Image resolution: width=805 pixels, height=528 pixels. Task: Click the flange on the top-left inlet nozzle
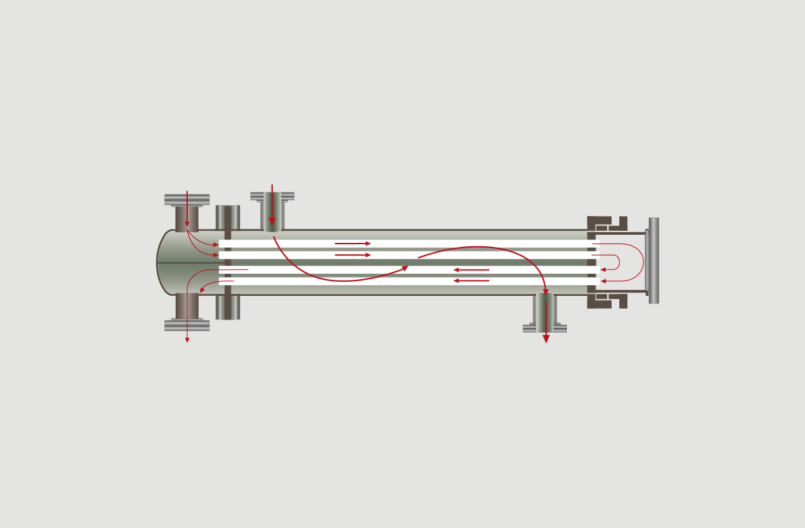[186, 199]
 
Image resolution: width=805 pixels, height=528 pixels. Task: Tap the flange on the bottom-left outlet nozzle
[186, 325]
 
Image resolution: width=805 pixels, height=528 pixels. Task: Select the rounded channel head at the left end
[168, 262]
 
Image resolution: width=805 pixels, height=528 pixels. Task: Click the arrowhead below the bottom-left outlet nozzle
[187, 339]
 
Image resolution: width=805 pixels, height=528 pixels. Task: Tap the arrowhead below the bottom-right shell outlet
[546, 339]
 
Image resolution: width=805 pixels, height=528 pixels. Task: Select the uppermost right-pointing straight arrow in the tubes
[353, 244]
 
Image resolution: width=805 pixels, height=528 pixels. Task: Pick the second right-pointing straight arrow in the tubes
[353, 255]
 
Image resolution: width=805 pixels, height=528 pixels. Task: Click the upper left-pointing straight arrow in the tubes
[471, 270]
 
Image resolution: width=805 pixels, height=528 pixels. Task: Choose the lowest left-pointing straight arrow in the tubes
[471, 280]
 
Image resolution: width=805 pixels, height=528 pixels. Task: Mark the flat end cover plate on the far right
[653, 260]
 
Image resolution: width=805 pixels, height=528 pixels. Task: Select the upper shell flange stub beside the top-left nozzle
[228, 217]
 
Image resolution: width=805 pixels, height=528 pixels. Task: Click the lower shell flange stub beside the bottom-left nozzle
[228, 308]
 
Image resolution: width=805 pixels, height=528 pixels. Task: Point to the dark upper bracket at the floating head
[604, 223]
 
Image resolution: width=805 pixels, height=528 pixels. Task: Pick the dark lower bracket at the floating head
[604, 301]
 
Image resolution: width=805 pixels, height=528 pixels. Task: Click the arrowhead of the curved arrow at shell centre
[405, 268]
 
